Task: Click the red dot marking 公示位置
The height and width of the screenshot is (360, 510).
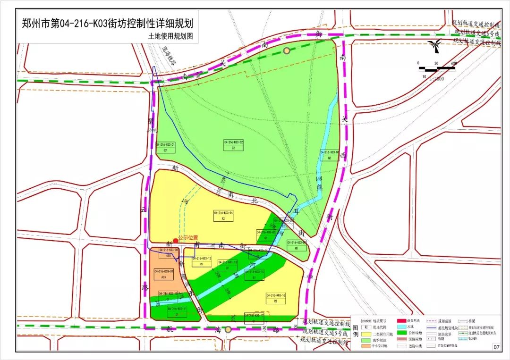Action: pyautogui.click(x=176, y=240)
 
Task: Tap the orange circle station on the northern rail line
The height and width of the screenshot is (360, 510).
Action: pyautogui.click(x=286, y=50)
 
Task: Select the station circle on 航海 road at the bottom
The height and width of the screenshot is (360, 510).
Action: pyautogui.click(x=228, y=329)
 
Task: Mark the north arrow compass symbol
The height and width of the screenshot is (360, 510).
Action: pyautogui.click(x=433, y=46)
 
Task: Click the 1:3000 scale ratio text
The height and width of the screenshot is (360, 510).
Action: pyautogui.click(x=437, y=79)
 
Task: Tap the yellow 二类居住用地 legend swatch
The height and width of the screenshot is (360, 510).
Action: pyautogui.click(x=365, y=333)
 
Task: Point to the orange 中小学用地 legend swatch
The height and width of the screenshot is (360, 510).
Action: pyautogui.click(x=365, y=346)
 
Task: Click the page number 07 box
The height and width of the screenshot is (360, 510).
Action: pyautogui.click(x=496, y=347)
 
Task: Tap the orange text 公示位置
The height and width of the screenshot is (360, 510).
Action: pyautogui.click(x=188, y=238)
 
